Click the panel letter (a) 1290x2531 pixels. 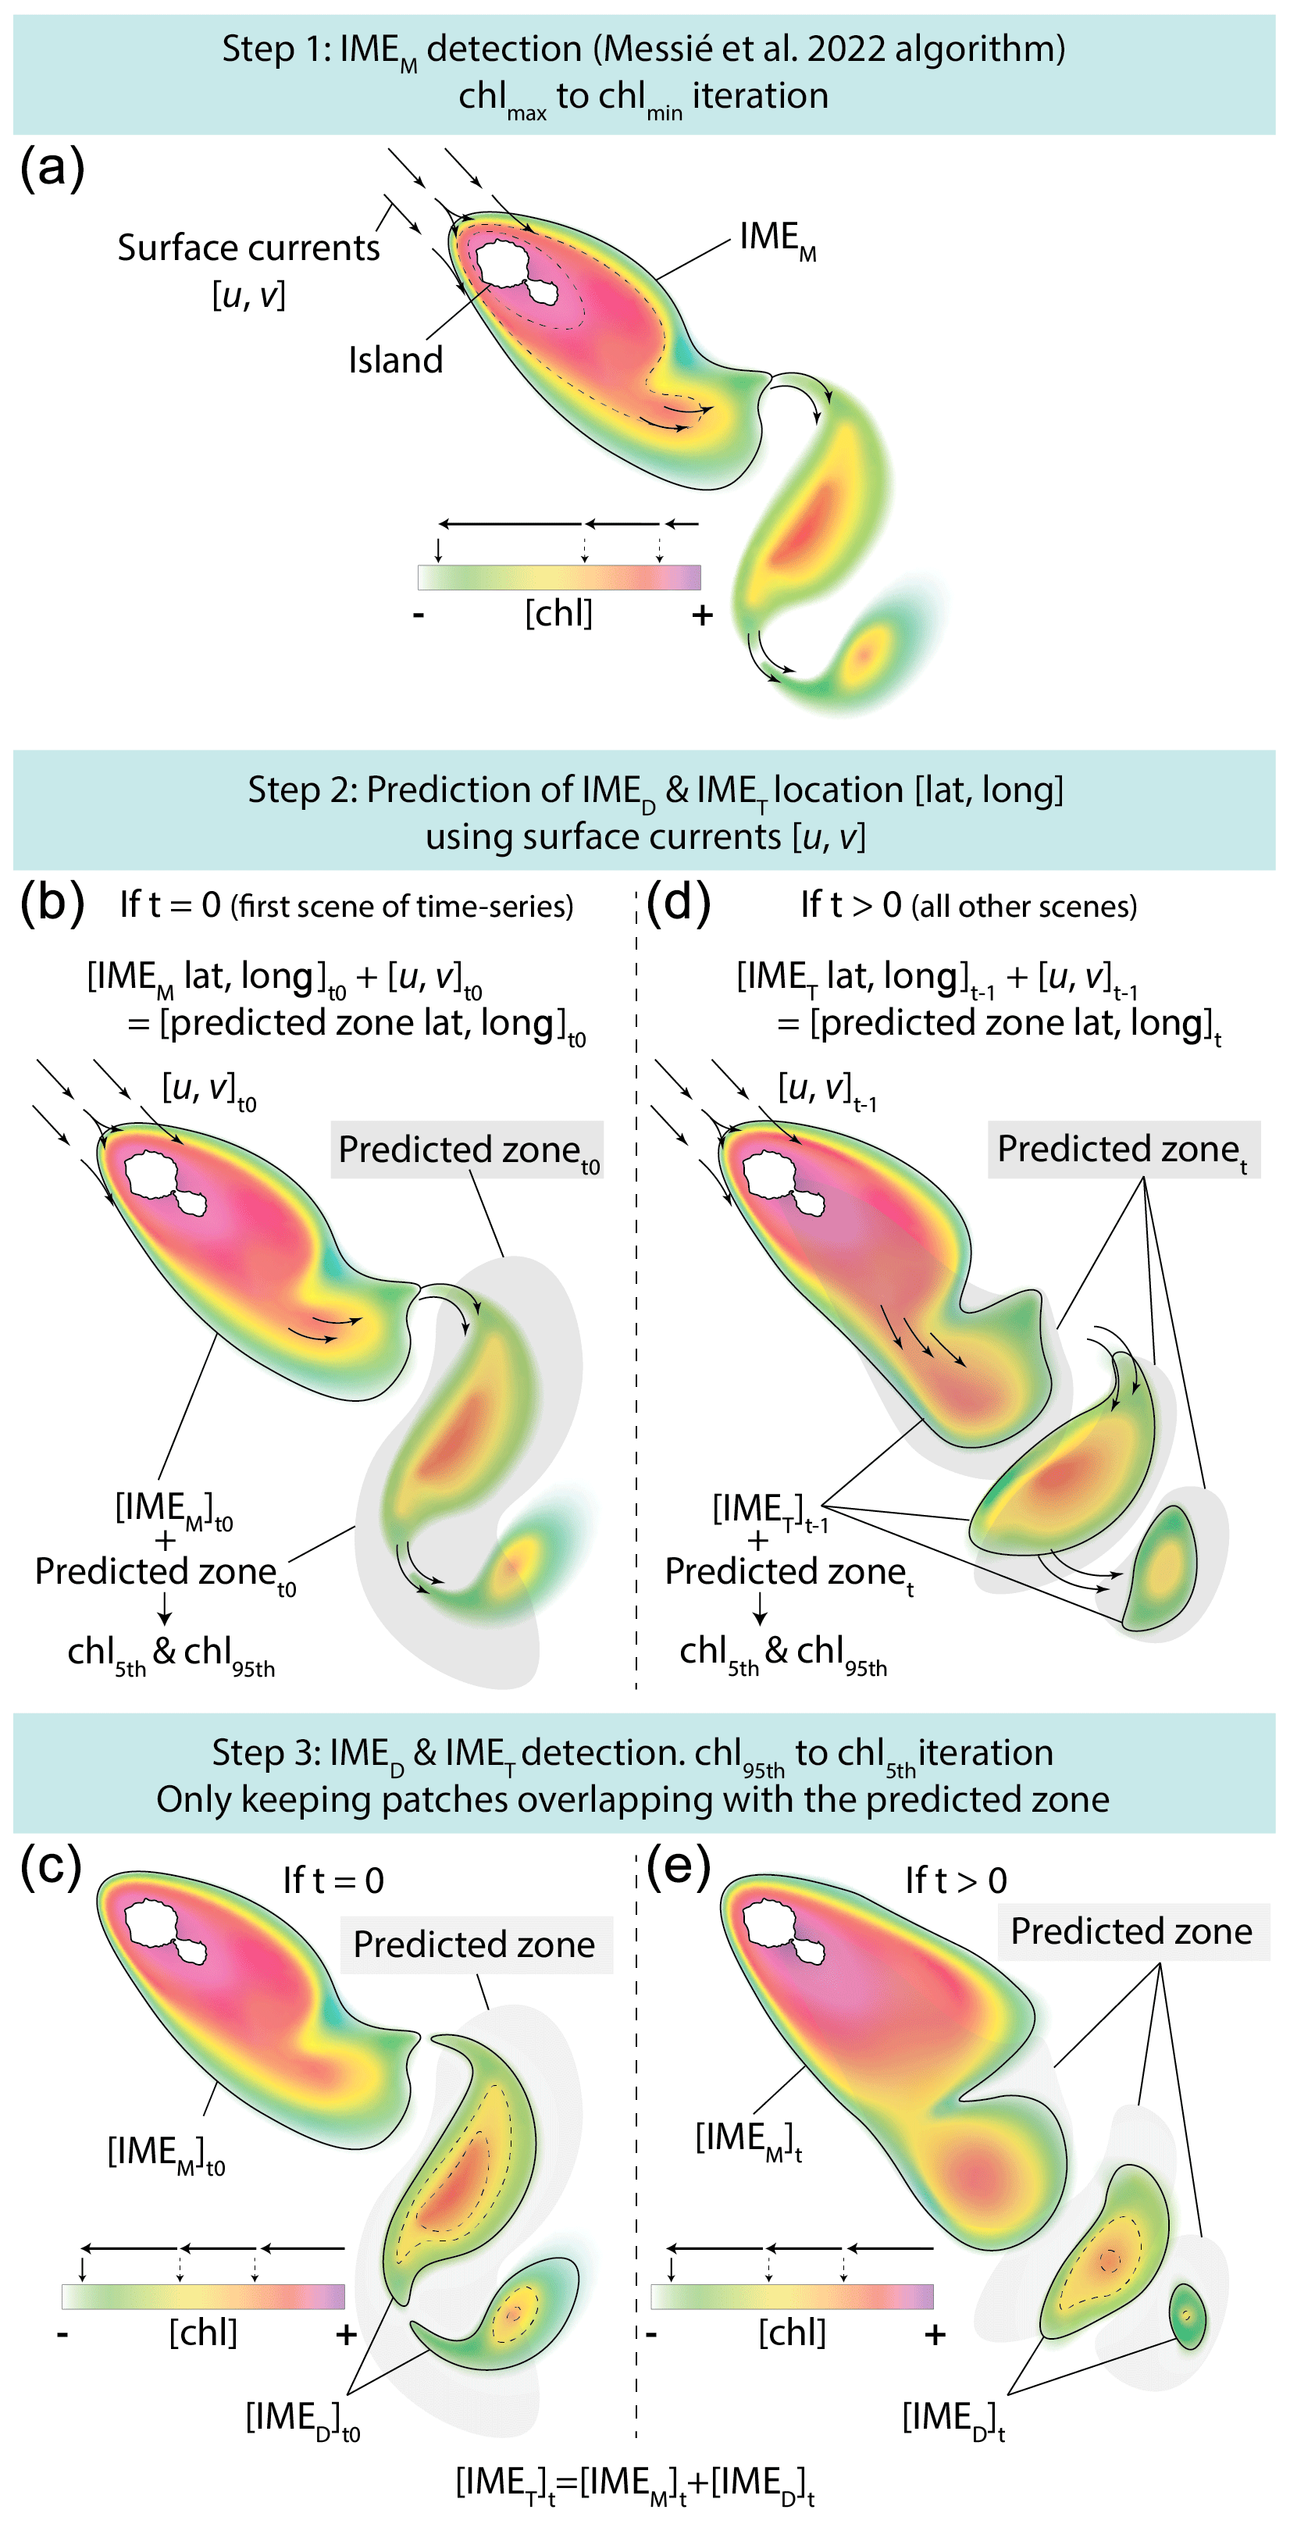[52, 169]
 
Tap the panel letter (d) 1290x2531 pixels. [678, 902]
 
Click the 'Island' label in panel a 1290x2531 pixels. [395, 361]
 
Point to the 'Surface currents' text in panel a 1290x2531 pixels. [248, 248]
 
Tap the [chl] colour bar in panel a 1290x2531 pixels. [559, 577]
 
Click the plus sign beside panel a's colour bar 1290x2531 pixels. [701, 616]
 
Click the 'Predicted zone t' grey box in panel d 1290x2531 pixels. [1123, 1150]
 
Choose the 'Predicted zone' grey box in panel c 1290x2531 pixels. [476, 1945]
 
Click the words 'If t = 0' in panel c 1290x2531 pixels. [333, 1880]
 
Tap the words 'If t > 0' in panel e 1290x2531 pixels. [956, 1880]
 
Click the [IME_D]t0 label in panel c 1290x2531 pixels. [301, 2419]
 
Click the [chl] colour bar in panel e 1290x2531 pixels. [792, 2296]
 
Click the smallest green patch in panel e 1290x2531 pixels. [1188, 2315]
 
